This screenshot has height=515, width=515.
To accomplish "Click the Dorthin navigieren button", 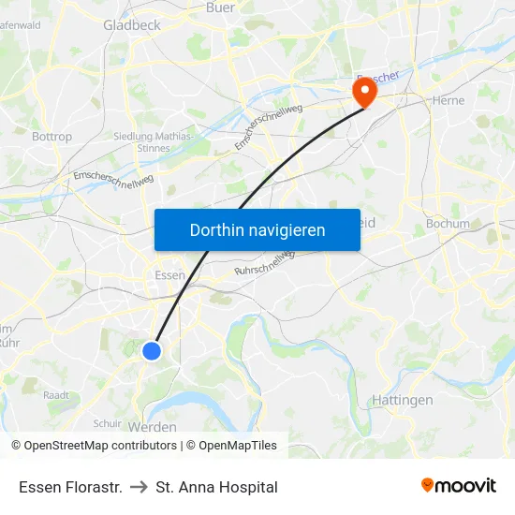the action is click(x=257, y=229).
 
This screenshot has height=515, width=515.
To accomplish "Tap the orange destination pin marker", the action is click(x=362, y=91).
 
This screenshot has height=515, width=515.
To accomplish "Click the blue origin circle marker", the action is click(x=152, y=351).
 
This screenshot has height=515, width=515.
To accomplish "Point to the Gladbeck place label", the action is click(x=132, y=25).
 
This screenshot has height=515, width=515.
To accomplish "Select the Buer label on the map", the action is click(x=220, y=7).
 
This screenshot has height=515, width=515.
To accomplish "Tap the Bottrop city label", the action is click(x=51, y=137).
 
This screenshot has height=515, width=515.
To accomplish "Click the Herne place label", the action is click(x=449, y=100).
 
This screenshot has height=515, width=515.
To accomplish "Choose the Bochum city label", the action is click(x=447, y=224).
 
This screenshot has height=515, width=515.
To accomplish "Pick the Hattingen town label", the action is click(x=403, y=400).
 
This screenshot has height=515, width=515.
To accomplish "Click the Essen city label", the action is click(x=169, y=275).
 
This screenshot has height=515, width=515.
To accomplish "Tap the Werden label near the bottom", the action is click(x=157, y=427).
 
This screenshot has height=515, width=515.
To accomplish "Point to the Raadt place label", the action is click(x=56, y=395).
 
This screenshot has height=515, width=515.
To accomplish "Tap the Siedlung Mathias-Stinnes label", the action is click(x=154, y=141).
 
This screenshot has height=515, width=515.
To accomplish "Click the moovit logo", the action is click(x=458, y=485).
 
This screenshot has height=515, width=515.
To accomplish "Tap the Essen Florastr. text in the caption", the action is click(x=70, y=487).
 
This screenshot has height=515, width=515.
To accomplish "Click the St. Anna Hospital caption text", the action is click(x=217, y=487).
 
